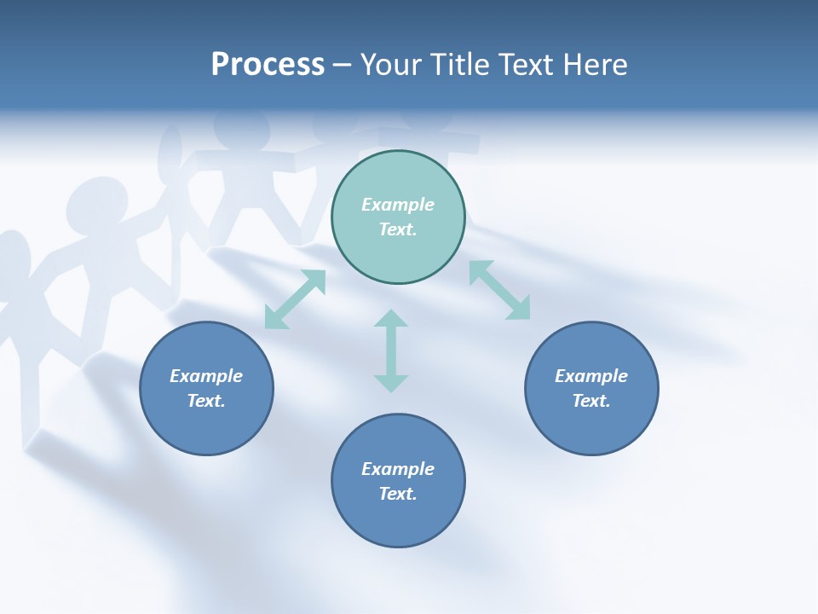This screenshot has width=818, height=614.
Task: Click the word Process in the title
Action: click(x=268, y=65)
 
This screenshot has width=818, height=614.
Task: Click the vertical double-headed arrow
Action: click(x=391, y=350)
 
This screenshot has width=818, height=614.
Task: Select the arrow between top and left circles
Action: click(x=295, y=299)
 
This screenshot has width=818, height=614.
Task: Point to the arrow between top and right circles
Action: click(x=499, y=290)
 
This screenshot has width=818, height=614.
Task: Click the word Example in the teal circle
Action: click(x=398, y=205)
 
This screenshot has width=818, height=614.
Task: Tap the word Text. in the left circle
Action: click(x=206, y=401)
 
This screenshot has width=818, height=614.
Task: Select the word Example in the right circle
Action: click(x=591, y=376)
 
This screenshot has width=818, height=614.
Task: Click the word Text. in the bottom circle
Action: click(x=398, y=494)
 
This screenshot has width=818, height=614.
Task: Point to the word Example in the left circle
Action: click(x=206, y=376)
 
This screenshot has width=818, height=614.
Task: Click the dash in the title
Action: click(x=343, y=65)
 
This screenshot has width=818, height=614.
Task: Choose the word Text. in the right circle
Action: click(x=591, y=401)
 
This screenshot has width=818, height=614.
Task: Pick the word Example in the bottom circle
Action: click(x=398, y=469)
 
